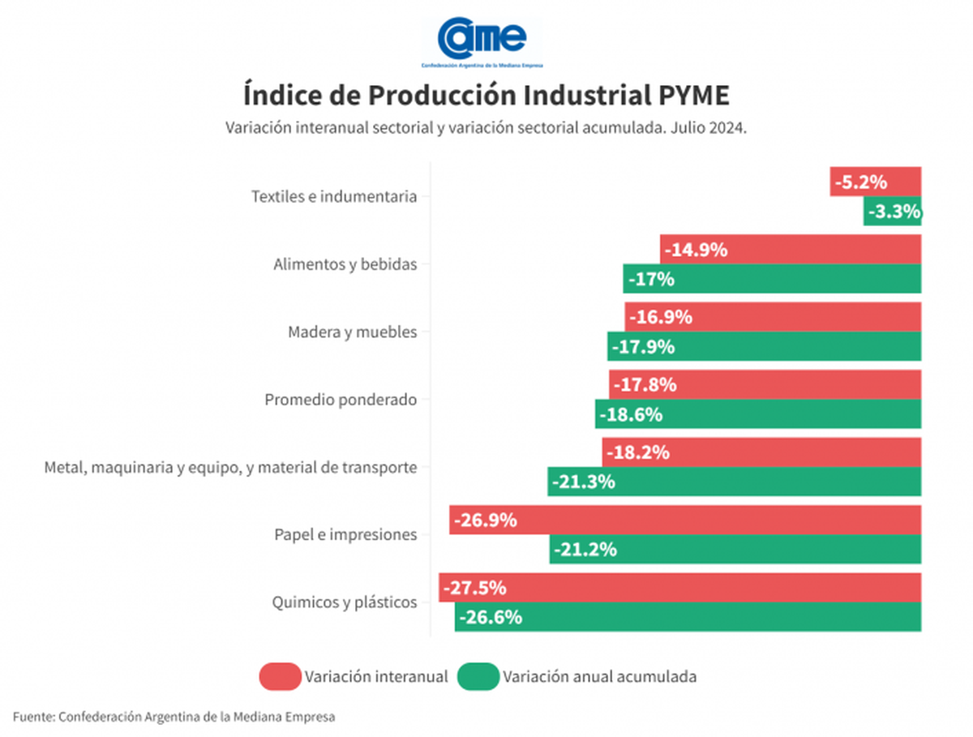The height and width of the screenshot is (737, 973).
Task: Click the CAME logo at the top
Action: pos(482,39)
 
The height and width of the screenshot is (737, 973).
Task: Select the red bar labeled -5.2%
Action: pos(876,182)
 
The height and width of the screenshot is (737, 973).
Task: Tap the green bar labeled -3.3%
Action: pos(893,212)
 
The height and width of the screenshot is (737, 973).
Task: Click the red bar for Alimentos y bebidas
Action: pos(791,250)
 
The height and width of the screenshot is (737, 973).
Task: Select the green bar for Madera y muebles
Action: pos(765,347)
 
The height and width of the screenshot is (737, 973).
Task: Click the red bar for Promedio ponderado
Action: pos(765,385)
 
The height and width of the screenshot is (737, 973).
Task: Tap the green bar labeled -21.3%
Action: pos(735,482)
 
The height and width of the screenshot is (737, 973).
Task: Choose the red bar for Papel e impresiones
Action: pos(685,520)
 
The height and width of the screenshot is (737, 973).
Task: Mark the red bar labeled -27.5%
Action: pos(679,588)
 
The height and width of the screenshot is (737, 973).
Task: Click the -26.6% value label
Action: pos(491,617)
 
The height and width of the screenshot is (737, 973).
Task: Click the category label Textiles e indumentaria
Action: pos(334,196)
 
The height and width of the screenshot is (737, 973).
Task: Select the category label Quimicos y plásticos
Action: pos(345,602)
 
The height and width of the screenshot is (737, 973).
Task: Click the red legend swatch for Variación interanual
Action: pos(279,676)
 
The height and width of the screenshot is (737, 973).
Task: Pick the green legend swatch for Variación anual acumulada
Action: pos(478,676)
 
